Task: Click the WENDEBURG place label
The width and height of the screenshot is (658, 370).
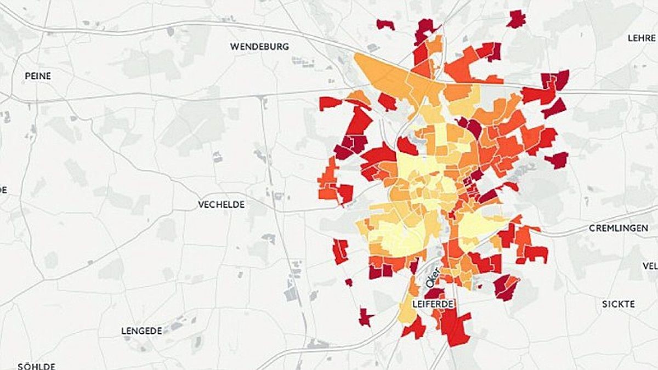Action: (x=259, y=47)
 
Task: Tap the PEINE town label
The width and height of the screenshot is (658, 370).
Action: (x=38, y=76)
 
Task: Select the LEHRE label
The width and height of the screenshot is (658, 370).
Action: (x=642, y=38)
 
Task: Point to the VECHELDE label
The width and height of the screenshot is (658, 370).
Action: (x=221, y=204)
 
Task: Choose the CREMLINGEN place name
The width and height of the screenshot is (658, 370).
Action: (x=618, y=227)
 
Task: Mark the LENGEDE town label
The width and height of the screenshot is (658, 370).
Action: (x=141, y=331)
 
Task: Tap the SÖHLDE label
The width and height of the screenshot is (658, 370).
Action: (x=36, y=366)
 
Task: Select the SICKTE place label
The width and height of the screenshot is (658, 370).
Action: (x=619, y=304)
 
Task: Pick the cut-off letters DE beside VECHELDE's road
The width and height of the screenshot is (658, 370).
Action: (x=3, y=190)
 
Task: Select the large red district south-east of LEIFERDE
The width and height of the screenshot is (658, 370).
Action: (x=455, y=326)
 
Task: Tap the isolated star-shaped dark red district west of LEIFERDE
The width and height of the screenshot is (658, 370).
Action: (x=365, y=317)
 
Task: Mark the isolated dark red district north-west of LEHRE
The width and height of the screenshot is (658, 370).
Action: (x=516, y=19)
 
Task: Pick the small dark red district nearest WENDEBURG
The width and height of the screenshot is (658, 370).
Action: (x=385, y=24)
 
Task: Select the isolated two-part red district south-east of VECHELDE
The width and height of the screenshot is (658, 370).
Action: (x=340, y=251)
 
